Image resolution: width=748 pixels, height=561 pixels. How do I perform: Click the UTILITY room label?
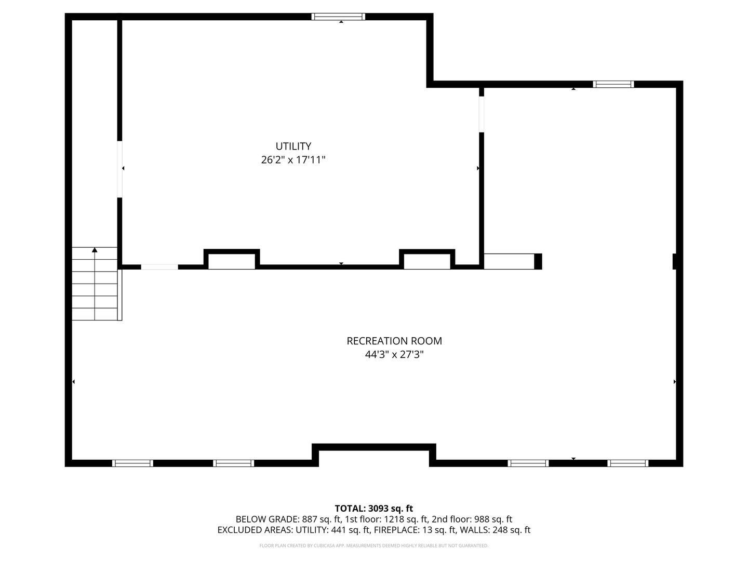tap(293, 146)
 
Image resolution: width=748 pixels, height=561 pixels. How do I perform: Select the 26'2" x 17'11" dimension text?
tap(293, 160)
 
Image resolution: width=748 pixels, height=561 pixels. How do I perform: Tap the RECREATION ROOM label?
tap(394, 341)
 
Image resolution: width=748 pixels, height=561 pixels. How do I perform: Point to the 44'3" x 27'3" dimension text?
tap(394, 355)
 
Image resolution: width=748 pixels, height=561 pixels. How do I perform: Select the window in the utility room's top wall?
tap(338, 17)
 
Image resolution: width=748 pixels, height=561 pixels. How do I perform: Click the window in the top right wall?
tap(613, 84)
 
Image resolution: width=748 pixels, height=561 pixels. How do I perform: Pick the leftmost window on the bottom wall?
tap(132, 463)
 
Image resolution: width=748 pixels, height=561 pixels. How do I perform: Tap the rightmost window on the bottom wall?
tap(627, 463)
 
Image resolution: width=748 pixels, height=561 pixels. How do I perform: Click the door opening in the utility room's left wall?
tap(119, 169)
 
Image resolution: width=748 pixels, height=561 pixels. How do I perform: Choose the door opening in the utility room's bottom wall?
tap(159, 267)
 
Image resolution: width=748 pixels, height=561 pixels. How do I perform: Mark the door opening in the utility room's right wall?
tap(482, 114)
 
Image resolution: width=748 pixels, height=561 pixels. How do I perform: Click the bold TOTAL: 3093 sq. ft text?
tap(374, 509)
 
